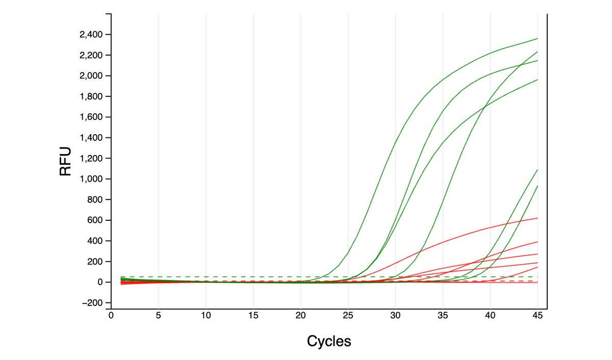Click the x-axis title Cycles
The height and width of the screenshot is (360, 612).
coord(329,341)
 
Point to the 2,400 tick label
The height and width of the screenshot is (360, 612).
coord(91,35)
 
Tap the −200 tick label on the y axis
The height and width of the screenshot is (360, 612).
coord(92,303)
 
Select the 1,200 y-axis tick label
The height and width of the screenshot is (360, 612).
coord(91,159)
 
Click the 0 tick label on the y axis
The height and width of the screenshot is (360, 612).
coord(100,282)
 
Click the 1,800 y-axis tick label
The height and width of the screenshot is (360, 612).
coord(91,96)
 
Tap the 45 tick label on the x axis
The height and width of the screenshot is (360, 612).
coord(538,315)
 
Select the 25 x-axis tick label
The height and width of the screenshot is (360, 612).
coord(348,315)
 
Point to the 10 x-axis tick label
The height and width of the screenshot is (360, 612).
coord(206,315)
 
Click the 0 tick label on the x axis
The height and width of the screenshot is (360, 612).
coord(111,315)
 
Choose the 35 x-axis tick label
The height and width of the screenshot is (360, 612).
coord(443,315)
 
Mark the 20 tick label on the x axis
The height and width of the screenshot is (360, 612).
coord(300,315)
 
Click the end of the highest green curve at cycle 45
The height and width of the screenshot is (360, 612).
coord(537,39)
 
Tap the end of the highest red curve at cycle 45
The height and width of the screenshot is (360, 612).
coord(537,218)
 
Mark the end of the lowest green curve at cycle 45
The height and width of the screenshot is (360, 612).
coord(537,186)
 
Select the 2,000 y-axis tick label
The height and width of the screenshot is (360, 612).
coord(91,76)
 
